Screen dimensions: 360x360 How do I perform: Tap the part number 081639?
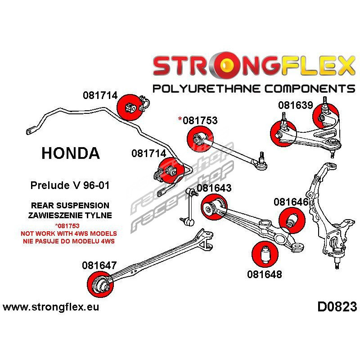pos(295,105)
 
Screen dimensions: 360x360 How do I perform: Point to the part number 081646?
pos(291,202)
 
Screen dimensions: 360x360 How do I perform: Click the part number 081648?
pos(264,273)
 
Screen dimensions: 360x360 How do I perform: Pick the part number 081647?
pos(99,265)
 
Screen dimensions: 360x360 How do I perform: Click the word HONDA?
pos(71,153)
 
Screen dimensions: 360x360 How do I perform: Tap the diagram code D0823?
pos(337,307)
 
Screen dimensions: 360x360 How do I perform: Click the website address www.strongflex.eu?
pos(51,308)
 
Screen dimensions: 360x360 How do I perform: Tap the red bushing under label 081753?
pos(198,137)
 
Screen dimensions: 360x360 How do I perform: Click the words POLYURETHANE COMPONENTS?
pos(254,88)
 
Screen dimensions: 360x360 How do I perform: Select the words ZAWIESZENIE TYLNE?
pos(70,215)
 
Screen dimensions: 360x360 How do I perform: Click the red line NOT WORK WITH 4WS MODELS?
pos(69,234)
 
